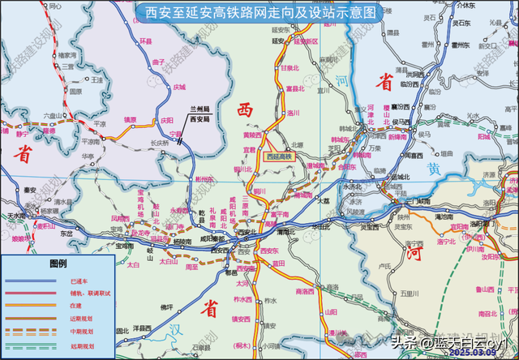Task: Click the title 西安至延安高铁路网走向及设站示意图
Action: pos(259,13)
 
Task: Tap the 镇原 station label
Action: pos(130,118)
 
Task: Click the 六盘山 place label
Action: pos(52,115)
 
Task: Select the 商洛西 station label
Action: pos(305,291)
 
